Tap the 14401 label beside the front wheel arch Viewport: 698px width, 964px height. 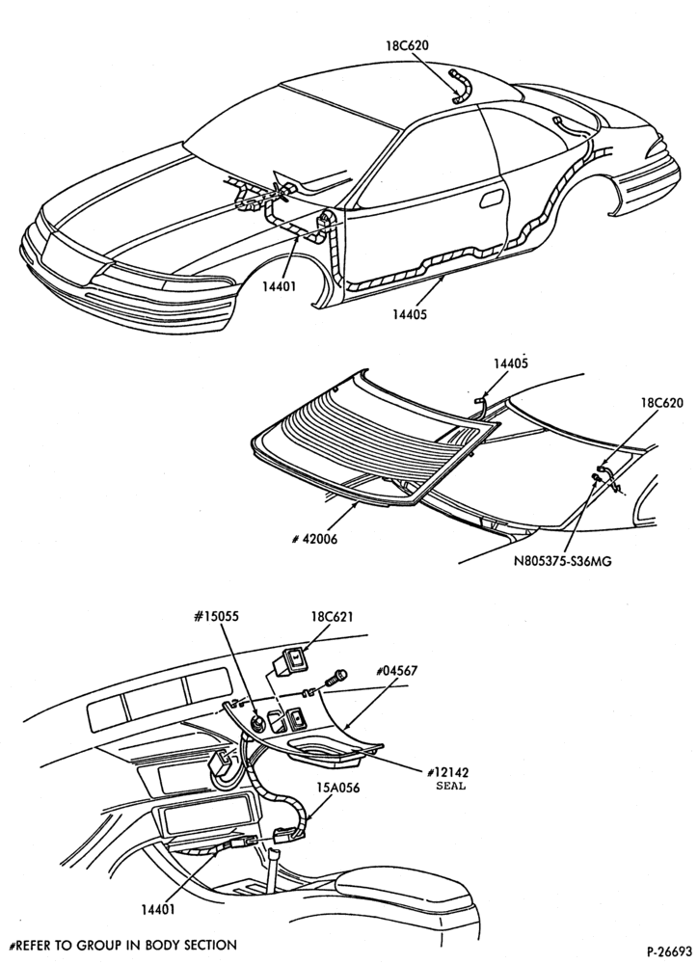tap(279, 286)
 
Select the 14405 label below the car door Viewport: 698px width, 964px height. tap(410, 314)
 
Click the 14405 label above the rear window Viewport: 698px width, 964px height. tap(510, 363)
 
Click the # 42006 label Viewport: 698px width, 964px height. tap(314, 540)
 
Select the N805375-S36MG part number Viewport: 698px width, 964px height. tap(563, 561)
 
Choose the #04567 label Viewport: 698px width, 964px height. tap(397, 670)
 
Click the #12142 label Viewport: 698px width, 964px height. tap(451, 773)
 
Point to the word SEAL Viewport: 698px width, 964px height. tap(451, 786)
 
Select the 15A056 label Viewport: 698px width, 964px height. tap(338, 787)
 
